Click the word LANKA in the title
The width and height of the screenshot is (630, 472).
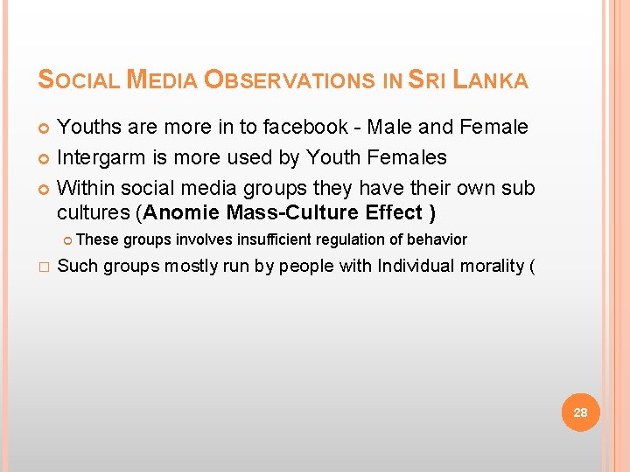coord(491,80)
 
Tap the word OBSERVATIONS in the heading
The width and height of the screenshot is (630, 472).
coord(290,80)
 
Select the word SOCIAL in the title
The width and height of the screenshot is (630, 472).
coord(79,80)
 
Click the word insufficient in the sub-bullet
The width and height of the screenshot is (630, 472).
coord(276,239)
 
